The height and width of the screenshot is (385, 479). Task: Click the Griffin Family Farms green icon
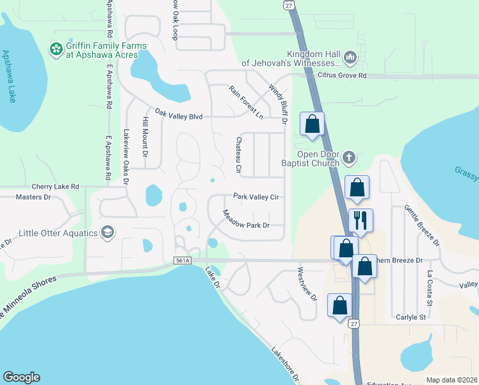click(56, 47)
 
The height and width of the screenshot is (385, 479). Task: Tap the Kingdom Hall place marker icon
click(350, 58)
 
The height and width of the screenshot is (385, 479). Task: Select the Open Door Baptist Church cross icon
click(349, 157)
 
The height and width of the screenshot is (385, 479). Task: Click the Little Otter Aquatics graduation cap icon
click(108, 232)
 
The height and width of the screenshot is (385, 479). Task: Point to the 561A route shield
click(182, 261)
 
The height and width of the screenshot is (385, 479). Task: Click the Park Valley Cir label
click(256, 197)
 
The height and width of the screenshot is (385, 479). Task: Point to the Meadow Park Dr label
click(246, 219)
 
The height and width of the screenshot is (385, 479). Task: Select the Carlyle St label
click(410, 318)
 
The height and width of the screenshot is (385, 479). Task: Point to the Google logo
click(20, 377)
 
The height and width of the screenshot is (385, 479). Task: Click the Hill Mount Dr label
click(145, 138)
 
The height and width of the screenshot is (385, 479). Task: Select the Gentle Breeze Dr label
click(422, 225)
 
